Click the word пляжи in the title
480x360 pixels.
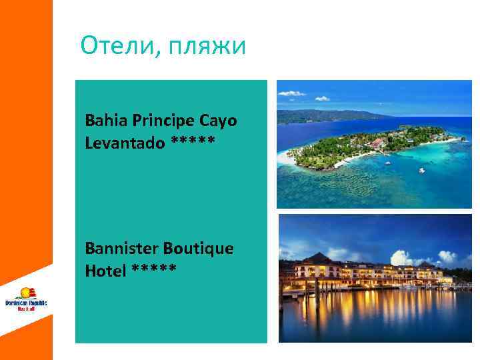(x=207, y=47)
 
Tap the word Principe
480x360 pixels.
(x=163, y=121)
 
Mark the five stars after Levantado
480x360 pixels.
(x=193, y=142)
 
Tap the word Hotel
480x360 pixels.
(x=105, y=270)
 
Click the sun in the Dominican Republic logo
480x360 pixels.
(x=27, y=292)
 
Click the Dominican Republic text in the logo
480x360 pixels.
(x=26, y=303)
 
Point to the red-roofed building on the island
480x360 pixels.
(x=379, y=142)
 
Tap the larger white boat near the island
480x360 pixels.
(x=421, y=170)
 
